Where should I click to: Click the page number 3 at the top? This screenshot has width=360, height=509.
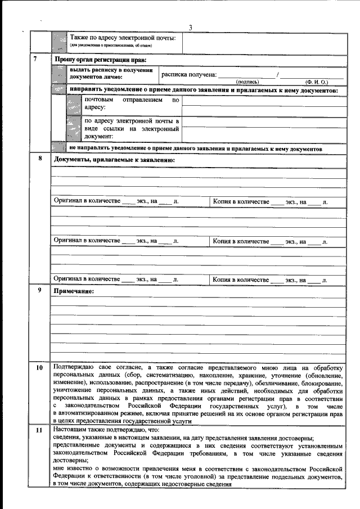(x=190, y=28)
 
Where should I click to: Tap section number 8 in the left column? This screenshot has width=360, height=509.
(x=40, y=158)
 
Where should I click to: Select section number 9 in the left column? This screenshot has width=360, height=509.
(x=39, y=290)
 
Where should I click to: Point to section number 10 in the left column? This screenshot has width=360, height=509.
(x=39, y=368)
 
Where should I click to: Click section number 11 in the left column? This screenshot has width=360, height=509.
(x=39, y=430)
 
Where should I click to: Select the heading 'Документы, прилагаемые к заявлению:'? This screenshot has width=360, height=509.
(x=114, y=160)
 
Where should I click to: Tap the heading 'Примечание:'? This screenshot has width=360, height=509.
(x=73, y=291)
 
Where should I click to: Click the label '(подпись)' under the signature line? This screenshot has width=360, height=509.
(x=247, y=82)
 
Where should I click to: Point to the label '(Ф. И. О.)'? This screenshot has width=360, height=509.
(x=317, y=82)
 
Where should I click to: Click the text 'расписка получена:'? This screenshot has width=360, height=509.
(x=188, y=74)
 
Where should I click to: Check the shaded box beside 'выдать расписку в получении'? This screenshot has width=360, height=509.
(x=58, y=73)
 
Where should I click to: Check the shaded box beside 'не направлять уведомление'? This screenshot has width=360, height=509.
(x=58, y=148)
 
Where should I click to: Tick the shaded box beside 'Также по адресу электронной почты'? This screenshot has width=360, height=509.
(x=58, y=40)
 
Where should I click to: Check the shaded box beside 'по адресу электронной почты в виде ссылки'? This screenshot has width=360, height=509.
(x=73, y=128)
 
